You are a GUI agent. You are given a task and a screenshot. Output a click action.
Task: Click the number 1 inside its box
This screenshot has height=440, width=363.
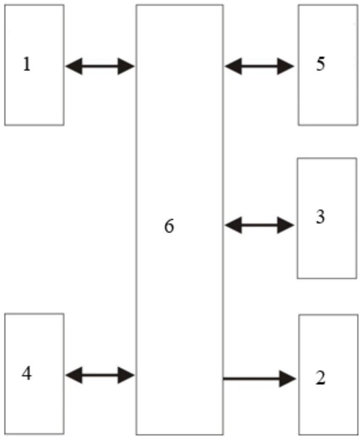click(x=27, y=65)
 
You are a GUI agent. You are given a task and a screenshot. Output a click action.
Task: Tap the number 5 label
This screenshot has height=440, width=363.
click(x=320, y=64)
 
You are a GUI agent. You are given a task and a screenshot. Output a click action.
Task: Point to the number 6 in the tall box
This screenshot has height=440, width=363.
click(x=170, y=227)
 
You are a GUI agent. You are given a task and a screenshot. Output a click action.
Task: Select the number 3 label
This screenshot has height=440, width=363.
click(x=320, y=217)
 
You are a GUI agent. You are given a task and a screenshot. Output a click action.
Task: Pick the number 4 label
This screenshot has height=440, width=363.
click(x=27, y=373)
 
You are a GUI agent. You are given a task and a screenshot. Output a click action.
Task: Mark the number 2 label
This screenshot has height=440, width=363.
click(x=320, y=378)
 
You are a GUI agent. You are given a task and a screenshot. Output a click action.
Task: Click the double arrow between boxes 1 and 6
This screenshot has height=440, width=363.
click(x=99, y=67)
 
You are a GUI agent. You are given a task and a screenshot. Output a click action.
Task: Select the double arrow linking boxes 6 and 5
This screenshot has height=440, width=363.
click(x=259, y=67)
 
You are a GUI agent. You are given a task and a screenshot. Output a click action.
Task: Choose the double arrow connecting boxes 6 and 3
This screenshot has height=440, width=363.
click(x=259, y=225)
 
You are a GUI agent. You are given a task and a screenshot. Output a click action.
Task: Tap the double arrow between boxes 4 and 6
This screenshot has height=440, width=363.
click(x=99, y=374)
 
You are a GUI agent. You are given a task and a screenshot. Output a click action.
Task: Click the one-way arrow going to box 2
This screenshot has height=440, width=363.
click(x=259, y=379)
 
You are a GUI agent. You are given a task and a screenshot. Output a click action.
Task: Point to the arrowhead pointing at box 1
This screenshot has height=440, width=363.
click(x=74, y=67)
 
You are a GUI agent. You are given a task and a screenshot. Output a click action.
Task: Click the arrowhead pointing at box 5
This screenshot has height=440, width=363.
click(x=285, y=67)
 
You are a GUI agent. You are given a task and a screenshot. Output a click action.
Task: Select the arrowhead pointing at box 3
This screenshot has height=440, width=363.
click(x=285, y=225)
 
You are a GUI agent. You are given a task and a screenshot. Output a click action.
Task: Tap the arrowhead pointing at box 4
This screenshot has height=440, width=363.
click(x=74, y=374)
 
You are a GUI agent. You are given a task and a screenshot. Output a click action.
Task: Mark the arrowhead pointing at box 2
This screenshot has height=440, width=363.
click(x=287, y=379)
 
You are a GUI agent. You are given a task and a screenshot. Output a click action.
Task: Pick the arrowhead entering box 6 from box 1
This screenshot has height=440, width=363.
click(x=126, y=67)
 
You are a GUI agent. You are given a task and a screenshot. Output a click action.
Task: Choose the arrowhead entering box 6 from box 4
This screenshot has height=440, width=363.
click(x=126, y=374)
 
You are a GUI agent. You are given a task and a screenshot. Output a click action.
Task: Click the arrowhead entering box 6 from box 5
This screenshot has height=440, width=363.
click(x=233, y=67)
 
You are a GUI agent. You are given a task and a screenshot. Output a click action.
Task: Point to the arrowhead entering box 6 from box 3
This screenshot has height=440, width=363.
click(x=233, y=225)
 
